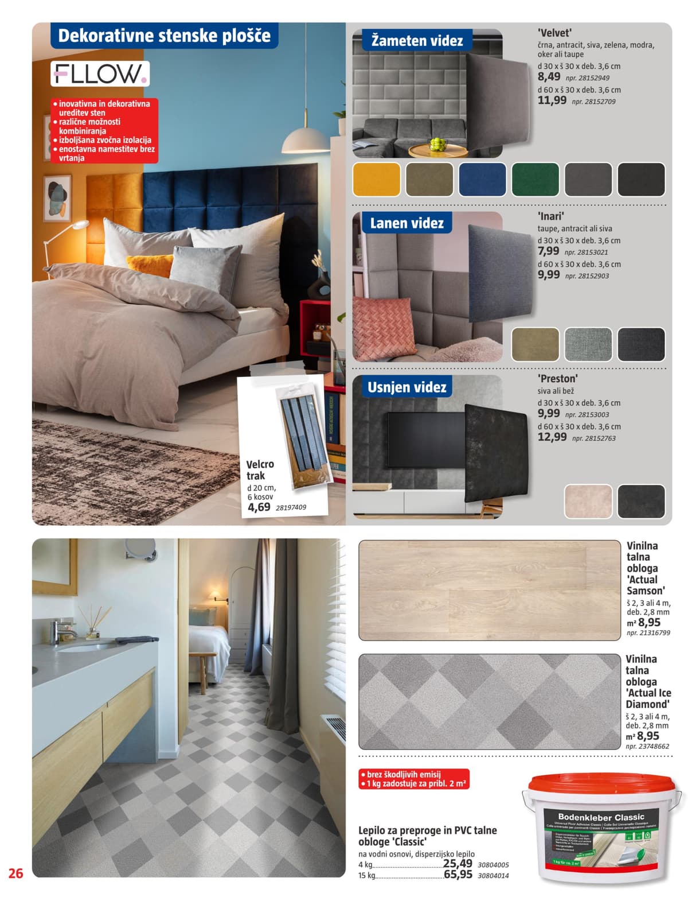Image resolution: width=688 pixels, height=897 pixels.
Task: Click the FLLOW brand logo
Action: [100, 73]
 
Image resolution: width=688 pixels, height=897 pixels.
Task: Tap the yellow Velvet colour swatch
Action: [376, 179]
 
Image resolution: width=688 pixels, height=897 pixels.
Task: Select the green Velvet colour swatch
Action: [535, 179]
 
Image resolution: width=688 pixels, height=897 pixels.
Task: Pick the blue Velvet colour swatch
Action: [482, 179]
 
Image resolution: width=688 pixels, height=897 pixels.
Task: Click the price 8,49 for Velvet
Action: [549, 77]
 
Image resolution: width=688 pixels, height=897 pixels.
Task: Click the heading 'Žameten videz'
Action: [417, 41]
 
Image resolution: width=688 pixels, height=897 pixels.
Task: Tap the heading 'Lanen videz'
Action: [406, 223]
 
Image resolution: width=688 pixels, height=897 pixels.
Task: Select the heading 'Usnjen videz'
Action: [406, 387]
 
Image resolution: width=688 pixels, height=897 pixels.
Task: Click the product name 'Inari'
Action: [551, 216]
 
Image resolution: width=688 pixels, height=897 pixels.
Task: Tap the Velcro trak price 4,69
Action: [259, 507]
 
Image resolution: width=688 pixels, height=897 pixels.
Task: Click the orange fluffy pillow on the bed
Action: [149, 265]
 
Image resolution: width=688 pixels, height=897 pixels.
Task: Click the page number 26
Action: [15, 873]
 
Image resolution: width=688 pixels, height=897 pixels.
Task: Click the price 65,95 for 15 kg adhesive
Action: [458, 875]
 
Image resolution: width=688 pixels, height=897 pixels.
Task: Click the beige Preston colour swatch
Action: [588, 500]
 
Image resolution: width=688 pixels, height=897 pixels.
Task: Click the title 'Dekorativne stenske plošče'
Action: [164, 36]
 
